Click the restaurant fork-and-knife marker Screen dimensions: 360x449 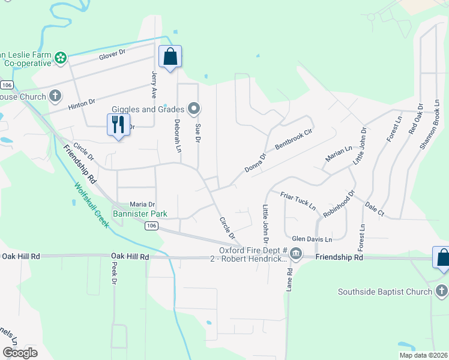click(x=118, y=125)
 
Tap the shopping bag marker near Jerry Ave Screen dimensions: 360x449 click(x=170, y=57)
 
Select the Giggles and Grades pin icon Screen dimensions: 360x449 click(x=193, y=109)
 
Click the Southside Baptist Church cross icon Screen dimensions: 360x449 click(x=441, y=292)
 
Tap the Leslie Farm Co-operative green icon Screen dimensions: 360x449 click(x=60, y=58)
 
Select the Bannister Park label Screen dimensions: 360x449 click(x=140, y=214)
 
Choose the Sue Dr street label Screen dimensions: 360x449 click(x=197, y=133)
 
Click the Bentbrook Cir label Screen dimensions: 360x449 click(x=294, y=139)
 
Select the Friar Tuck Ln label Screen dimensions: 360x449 click(x=298, y=200)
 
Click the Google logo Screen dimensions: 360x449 click(x=21, y=353)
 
